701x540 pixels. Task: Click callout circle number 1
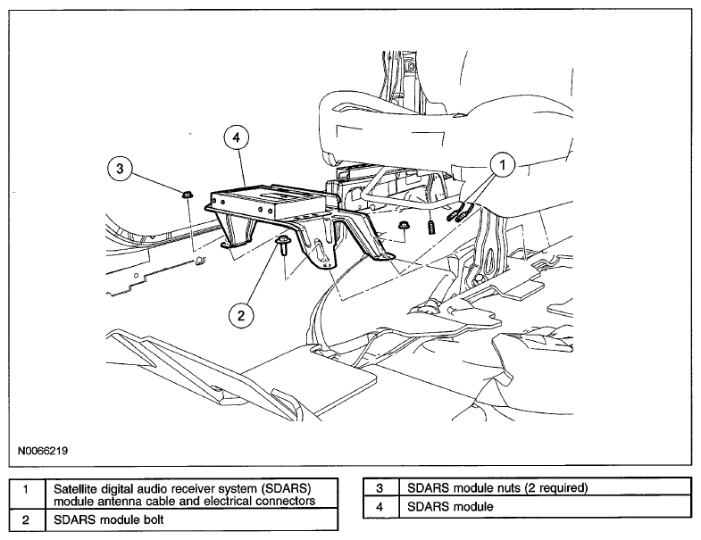(502, 165)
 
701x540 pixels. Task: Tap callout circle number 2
(241, 316)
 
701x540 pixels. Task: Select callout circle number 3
(121, 168)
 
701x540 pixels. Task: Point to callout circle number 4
(237, 137)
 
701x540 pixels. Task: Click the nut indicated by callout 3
(187, 195)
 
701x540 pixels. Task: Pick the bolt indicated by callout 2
(283, 245)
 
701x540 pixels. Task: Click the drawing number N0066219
(43, 451)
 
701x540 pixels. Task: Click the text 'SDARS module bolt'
(109, 519)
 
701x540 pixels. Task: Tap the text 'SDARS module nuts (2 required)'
(497, 487)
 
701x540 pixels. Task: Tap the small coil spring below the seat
(431, 227)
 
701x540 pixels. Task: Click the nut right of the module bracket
(403, 225)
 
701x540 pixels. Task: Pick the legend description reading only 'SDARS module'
(450, 506)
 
